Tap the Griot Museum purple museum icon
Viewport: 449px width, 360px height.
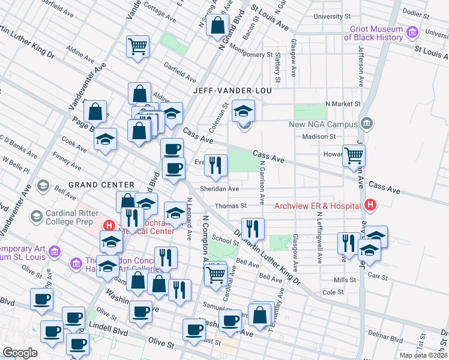tap(412, 32)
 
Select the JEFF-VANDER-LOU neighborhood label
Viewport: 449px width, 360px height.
tap(232, 91)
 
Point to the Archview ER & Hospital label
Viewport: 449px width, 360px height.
tap(317, 206)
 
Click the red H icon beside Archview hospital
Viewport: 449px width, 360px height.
tap(370, 206)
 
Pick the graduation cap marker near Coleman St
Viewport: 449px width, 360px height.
tap(244, 110)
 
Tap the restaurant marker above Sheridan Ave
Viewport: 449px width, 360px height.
tap(216, 165)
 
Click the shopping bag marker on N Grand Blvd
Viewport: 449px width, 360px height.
tap(217, 26)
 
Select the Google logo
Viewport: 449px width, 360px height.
tap(20, 353)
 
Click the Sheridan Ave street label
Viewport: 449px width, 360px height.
tap(221, 188)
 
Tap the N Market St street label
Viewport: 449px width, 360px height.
tap(342, 104)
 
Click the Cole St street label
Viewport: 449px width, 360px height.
tap(333, 292)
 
